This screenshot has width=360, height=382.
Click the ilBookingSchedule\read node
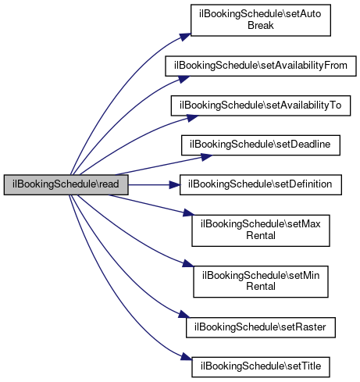pyautogui.click(x=66, y=184)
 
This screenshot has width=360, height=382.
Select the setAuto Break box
pyautogui.click(x=261, y=20)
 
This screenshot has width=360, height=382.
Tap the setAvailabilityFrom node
pyautogui.click(x=261, y=66)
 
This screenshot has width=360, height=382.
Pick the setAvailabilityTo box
pyautogui.click(x=261, y=105)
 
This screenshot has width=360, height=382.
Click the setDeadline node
pyautogui.click(x=261, y=145)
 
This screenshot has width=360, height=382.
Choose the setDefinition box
pyautogui.click(x=261, y=184)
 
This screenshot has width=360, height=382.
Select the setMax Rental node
pyautogui.click(x=261, y=230)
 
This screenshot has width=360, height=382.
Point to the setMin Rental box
pyautogui.click(x=261, y=281)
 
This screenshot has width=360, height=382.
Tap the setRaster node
pyautogui.click(x=261, y=327)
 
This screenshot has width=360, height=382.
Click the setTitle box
pyautogui.click(x=261, y=367)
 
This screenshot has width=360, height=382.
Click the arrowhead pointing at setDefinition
pyautogui.click(x=174, y=185)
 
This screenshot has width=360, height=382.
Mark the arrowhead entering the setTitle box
pyautogui.click(x=187, y=357)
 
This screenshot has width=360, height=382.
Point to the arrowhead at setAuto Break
pyautogui.click(x=185, y=37)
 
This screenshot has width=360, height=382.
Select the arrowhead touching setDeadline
pyautogui.click(x=207, y=157)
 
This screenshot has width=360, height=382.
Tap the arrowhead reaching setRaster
pyautogui.click(x=184, y=314)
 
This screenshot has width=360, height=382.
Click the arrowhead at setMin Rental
pyautogui.click(x=188, y=263)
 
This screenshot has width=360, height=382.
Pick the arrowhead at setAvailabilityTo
pyautogui.click(x=192, y=118)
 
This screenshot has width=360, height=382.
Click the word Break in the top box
pyautogui.click(x=261, y=26)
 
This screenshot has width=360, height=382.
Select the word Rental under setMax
pyautogui.click(x=261, y=236)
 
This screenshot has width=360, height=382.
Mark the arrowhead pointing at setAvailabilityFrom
pyautogui.click(x=184, y=79)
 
